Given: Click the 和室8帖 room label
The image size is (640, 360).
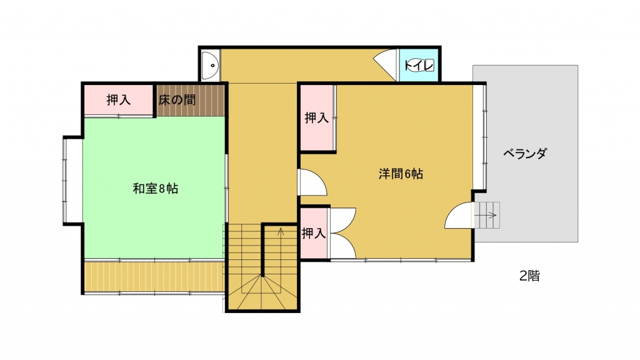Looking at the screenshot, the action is [156, 189].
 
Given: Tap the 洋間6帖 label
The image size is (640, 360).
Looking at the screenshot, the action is [401, 174].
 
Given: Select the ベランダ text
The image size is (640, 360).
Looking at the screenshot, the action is [524, 154].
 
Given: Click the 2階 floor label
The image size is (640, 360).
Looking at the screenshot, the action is [529, 276].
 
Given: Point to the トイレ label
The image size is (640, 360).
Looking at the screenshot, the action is [419, 65].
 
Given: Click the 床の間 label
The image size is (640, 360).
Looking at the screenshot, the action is [177, 100].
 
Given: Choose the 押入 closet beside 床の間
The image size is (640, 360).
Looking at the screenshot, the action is [118, 100].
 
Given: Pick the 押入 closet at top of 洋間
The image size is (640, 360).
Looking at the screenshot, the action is [316, 118].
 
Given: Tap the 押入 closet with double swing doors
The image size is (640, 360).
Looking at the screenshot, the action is [314, 234].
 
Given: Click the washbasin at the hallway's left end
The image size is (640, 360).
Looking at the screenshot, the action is [211, 65].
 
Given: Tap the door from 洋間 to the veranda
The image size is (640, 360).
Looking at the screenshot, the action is [459, 216].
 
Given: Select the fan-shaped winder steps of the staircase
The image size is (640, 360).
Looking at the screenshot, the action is [262, 292].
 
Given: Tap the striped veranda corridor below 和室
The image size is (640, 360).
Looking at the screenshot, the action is [154, 276].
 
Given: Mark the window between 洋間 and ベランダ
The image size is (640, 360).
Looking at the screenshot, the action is [484, 137].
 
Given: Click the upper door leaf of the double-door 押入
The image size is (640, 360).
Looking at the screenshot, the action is [343, 221].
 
